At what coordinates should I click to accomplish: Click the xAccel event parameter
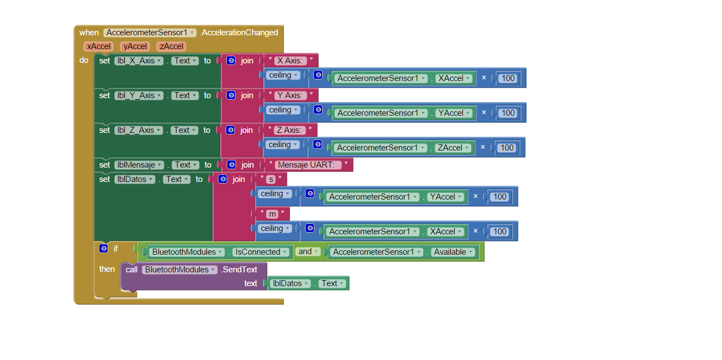[99, 46]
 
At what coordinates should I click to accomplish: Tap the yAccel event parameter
[135, 46]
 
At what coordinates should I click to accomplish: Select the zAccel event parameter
[171, 46]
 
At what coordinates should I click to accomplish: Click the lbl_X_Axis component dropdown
[138, 61]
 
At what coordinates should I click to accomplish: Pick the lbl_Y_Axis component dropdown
[138, 95]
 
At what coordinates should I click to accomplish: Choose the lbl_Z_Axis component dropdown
[138, 130]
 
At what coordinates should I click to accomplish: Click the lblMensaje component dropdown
[139, 165]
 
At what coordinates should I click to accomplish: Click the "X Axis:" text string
[291, 61]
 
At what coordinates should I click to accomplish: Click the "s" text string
[270, 179]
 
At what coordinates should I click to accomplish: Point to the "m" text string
[272, 214]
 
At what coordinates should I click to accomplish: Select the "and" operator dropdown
[308, 251]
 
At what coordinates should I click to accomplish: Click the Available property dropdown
[453, 252]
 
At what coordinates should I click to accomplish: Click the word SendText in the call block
[239, 270]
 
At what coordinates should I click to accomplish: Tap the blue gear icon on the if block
[103, 249]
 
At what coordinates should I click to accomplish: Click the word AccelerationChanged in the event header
[239, 33]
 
